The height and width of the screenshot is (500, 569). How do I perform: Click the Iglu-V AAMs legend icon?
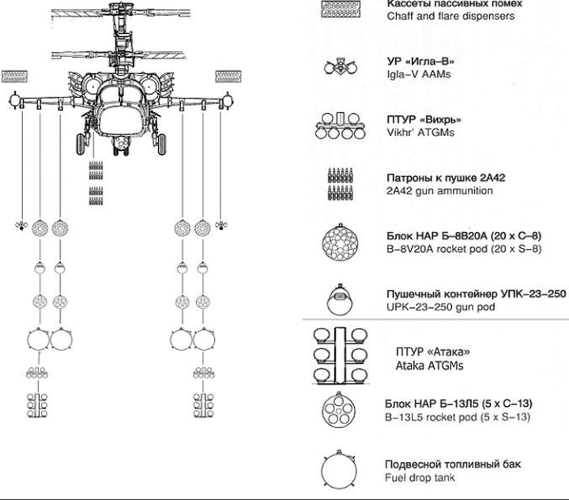[x=341, y=67]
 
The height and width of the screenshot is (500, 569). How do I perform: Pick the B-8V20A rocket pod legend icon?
[x=341, y=242]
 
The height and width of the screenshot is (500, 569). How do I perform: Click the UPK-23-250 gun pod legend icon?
[x=341, y=299]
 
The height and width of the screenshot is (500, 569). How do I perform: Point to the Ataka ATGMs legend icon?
[x=342, y=356]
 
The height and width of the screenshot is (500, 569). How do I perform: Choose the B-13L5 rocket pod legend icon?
[x=341, y=410]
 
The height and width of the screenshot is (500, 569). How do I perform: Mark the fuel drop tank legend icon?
[x=341, y=469]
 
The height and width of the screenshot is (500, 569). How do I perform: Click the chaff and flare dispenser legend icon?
[x=341, y=10]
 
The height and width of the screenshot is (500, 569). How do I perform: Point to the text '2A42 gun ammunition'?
[x=439, y=191]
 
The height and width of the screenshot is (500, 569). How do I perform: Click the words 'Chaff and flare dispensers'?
[x=450, y=17]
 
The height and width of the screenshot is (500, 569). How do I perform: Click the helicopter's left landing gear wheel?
[x=79, y=145]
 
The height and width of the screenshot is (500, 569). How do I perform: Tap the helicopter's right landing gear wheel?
[x=164, y=145]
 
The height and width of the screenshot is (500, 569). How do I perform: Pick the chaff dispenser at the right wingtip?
[x=227, y=77]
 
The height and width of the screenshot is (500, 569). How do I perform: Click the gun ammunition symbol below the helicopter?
[x=96, y=179]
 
